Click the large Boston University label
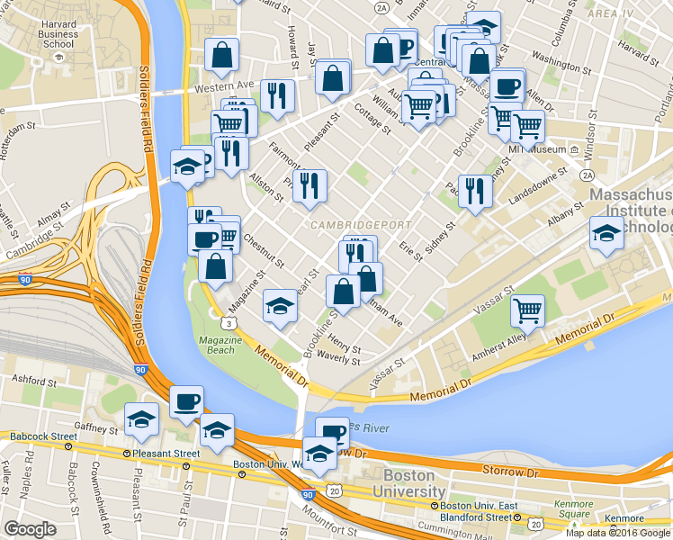click(x=415, y=484)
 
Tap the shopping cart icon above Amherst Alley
click(x=527, y=310)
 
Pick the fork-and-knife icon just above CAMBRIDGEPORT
click(x=310, y=185)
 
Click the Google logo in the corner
click(x=30, y=529)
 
